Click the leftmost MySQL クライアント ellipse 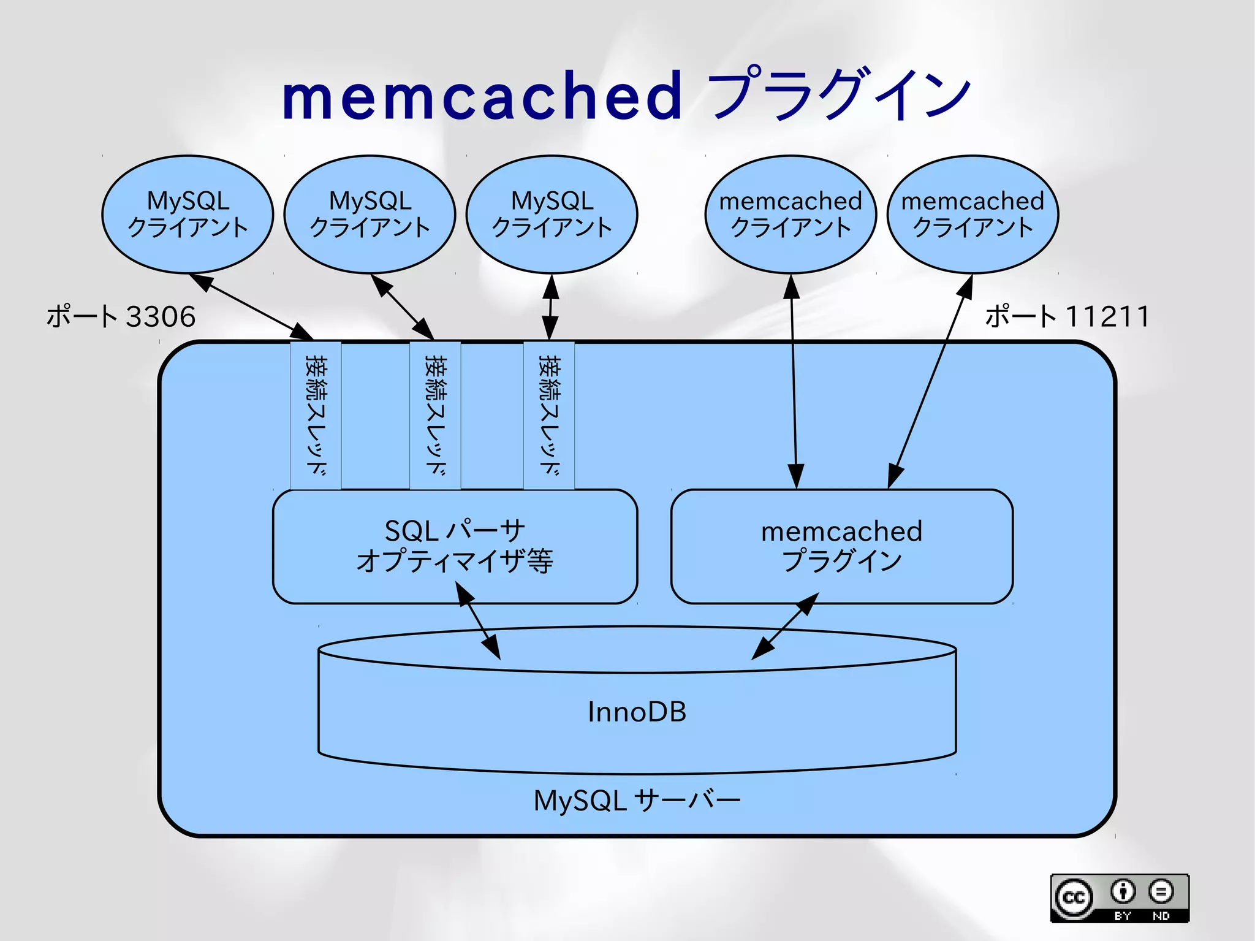[188, 214]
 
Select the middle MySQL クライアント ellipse [370, 214]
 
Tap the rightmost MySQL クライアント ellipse [552, 214]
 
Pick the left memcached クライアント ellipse [791, 214]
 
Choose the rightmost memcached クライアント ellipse [973, 214]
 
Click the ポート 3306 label [121, 316]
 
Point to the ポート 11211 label [1067, 316]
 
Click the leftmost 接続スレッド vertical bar [316, 415]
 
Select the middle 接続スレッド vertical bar [435, 415]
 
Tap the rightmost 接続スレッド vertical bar [549, 415]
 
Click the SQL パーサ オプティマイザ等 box [455, 546]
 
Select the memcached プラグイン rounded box [841, 546]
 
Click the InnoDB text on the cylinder [637, 712]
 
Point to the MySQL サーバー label [637, 801]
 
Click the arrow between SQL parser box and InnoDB [478, 620]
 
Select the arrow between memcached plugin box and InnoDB [785, 626]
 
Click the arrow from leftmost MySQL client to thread [251, 307]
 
